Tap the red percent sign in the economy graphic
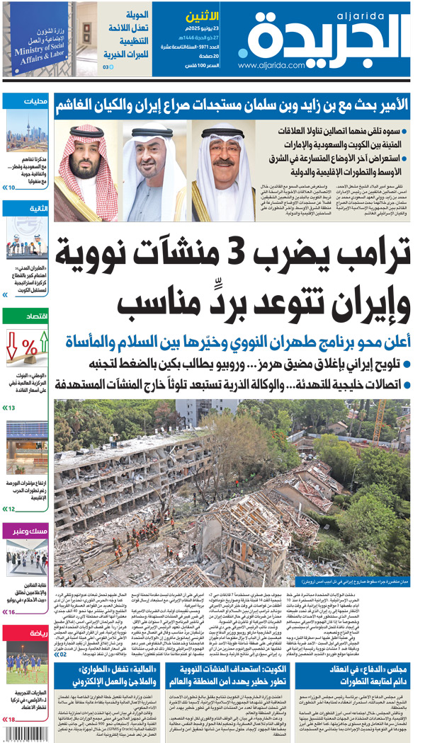(x=29, y=347)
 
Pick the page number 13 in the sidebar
(x=11, y=408)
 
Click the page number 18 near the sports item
(x=11, y=720)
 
